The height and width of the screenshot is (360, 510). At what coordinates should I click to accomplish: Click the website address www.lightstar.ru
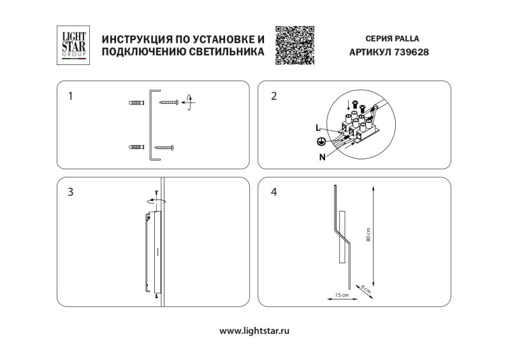click(x=255, y=331)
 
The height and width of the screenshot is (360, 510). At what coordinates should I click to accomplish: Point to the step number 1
click(x=71, y=97)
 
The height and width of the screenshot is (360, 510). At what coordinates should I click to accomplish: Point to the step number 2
click(x=274, y=97)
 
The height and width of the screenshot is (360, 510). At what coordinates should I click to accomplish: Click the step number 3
click(x=71, y=192)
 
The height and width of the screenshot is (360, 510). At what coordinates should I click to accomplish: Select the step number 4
click(x=274, y=192)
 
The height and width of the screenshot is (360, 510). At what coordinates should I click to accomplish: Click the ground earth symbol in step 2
click(x=322, y=142)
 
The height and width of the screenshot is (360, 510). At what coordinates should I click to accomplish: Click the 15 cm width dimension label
click(x=342, y=296)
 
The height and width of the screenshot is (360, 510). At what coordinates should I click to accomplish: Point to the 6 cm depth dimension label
click(x=365, y=288)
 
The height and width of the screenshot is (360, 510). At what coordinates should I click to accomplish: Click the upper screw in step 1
click(x=169, y=102)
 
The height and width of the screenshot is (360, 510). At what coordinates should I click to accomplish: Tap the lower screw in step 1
click(x=165, y=148)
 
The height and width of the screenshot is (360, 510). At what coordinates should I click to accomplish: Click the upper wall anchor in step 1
click(x=136, y=102)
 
